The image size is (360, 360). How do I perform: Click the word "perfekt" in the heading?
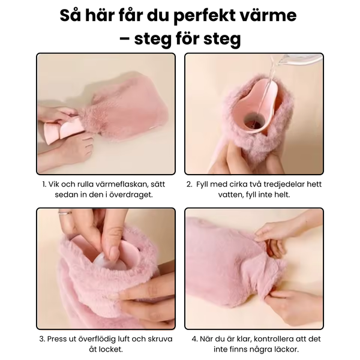(203, 16)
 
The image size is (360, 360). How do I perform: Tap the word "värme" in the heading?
(267, 15)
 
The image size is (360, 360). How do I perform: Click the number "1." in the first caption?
(44, 184)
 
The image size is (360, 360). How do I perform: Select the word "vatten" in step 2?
(230, 195)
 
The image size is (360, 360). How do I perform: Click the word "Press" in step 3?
(56, 339)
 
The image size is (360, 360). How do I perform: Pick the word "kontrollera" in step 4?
(271, 339)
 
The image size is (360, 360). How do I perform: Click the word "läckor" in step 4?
(287, 349)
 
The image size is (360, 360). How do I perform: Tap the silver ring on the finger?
(65, 213)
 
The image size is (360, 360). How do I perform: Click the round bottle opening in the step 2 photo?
(253, 122)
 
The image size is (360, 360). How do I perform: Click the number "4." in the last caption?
(194, 339)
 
